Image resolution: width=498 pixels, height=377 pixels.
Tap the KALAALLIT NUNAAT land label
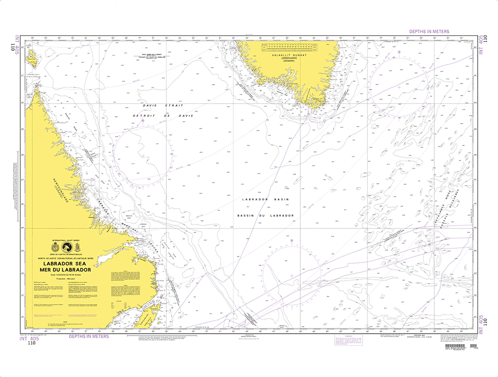pyautogui.click(x=285, y=55)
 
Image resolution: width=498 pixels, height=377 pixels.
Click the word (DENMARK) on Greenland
pyautogui.click(x=285, y=62)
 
